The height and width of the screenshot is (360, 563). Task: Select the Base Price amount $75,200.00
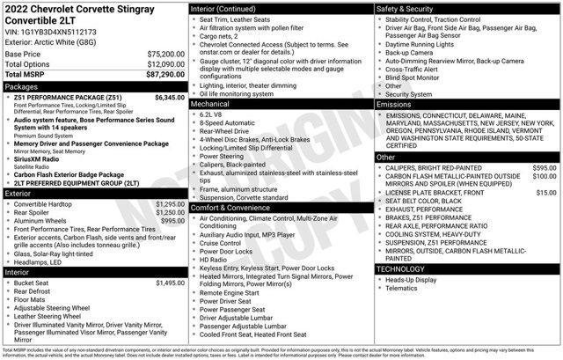(165, 54)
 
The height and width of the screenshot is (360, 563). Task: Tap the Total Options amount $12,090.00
(165, 65)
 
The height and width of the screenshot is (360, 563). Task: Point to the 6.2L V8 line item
(212, 114)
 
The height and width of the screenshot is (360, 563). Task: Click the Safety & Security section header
(409, 8)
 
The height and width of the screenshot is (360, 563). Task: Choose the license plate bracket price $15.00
(546, 192)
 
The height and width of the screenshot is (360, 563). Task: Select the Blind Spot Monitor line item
(417, 77)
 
